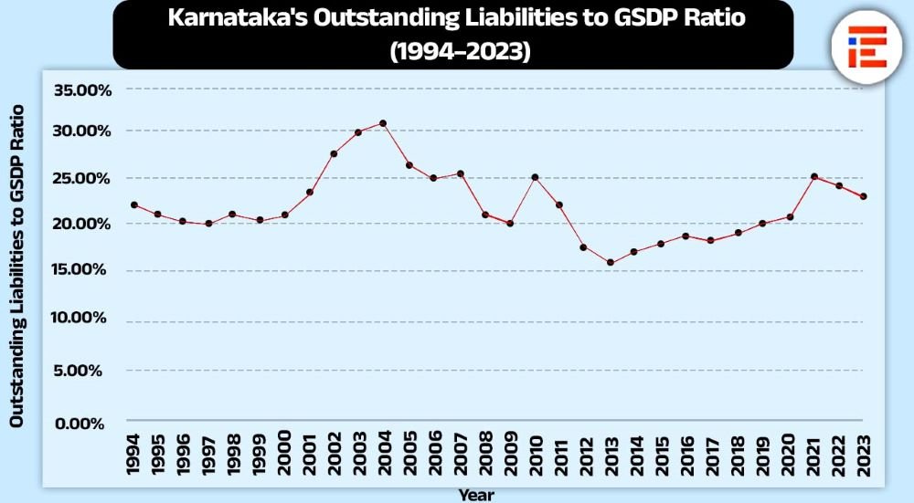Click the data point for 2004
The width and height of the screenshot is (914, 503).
383,123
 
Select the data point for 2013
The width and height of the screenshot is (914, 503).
610,263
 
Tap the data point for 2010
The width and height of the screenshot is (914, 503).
535,177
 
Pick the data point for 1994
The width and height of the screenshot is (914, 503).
134,204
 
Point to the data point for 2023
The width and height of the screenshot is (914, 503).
864,196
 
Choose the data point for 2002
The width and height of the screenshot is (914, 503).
334,153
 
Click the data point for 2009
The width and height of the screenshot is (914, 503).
510,223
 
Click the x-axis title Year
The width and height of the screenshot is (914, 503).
476,495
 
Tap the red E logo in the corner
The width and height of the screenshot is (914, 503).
866,48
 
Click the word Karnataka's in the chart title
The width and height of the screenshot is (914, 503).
235,20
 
